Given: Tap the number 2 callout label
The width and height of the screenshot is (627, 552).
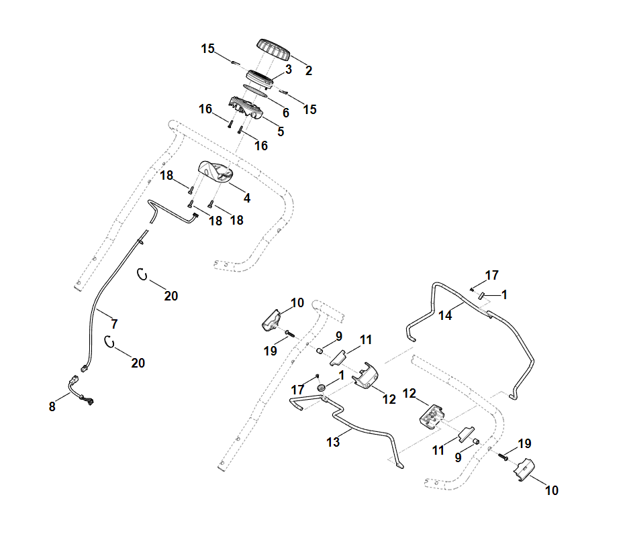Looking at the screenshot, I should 308,70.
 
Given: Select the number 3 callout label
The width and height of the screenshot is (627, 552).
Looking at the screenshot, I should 288,69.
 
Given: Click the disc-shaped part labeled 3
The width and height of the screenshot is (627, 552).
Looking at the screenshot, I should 262,78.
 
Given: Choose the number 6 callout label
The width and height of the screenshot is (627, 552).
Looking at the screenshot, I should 285,113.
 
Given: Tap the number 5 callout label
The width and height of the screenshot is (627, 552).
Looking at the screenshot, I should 281,131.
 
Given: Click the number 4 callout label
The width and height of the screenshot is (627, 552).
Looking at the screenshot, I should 247,198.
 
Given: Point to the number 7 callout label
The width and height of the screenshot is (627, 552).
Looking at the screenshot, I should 114,324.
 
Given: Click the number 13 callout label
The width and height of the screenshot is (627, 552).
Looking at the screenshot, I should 333,442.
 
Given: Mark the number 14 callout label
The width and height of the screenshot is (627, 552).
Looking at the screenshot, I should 446,316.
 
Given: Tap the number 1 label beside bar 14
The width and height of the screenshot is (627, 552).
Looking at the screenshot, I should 505,294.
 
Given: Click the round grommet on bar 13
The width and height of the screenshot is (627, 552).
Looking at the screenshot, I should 321,388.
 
